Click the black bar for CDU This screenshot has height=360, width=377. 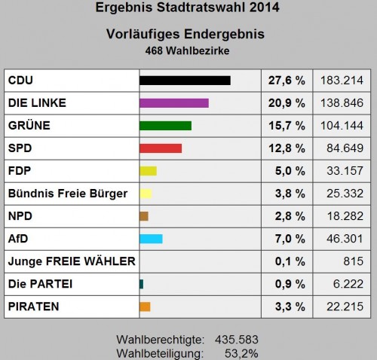tap(185, 81)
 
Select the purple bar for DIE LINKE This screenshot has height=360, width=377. tap(174, 103)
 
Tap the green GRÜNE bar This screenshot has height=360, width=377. tap(165, 126)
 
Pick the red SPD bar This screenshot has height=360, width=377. tap(161, 148)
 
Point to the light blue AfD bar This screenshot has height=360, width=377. tap(151, 239)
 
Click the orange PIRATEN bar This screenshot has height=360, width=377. tap(145, 307)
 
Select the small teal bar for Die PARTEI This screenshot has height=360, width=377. tap(141, 284)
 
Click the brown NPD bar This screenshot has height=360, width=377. tap(143, 216)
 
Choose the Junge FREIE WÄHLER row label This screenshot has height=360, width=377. tap(71, 261)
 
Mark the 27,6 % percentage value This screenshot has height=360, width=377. tap(287, 81)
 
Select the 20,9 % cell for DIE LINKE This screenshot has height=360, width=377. tap(287, 103)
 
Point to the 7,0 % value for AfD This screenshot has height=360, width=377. tap(290, 239)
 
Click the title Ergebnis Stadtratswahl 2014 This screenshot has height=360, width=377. tap(188, 9)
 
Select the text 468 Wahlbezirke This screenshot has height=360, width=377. tap(188, 50)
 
